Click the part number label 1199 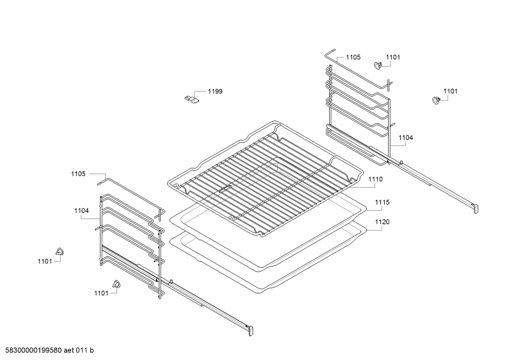(215, 92)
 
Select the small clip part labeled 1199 (191, 99)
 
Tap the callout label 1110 (375, 179)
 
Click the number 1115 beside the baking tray (382, 202)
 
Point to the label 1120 (382, 222)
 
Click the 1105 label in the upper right (353, 57)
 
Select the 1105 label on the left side (78, 174)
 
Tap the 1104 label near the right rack (406, 138)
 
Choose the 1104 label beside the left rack (81, 211)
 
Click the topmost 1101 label (392, 57)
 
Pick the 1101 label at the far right (450, 92)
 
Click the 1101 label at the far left (45, 261)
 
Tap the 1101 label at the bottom (101, 293)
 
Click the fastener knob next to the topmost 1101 (377, 65)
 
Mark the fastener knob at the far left (60, 251)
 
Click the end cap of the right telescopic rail (476, 209)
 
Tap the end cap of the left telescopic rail (250, 330)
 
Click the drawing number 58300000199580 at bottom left (31, 350)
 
